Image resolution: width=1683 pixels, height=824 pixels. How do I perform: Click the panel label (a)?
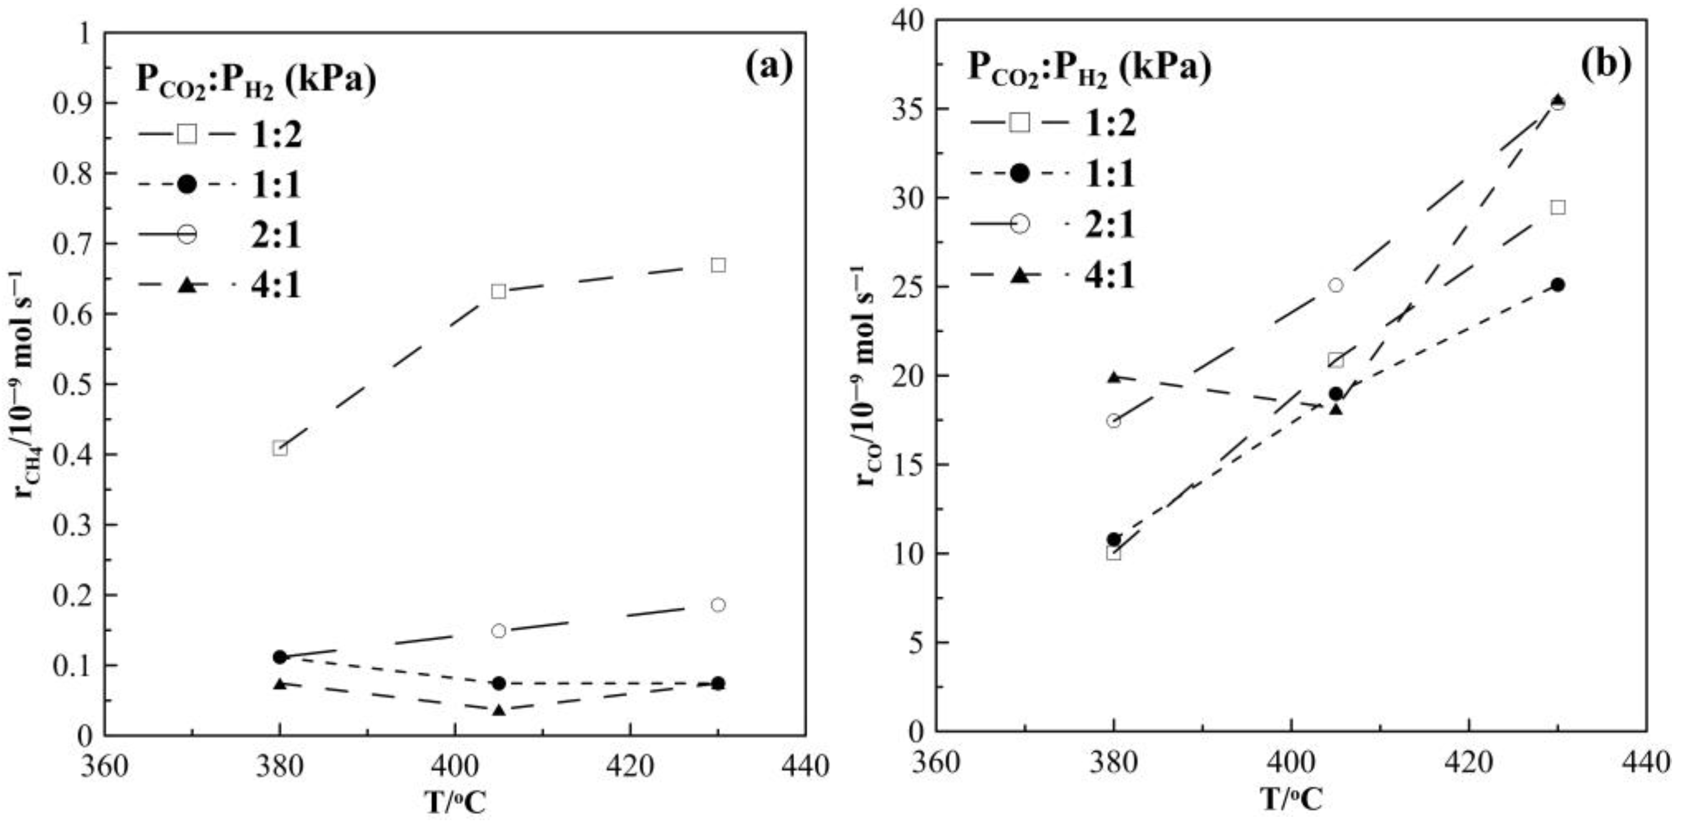coord(768,67)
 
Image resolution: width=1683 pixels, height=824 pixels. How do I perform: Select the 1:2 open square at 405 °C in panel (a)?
coord(498,292)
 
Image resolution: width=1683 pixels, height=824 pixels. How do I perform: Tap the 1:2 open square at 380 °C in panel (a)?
coord(279,448)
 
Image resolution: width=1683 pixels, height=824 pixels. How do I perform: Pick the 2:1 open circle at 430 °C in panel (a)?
coord(718,605)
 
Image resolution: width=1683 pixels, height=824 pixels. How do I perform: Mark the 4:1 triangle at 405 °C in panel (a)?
coord(498,710)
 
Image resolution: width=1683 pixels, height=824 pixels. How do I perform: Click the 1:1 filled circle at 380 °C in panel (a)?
coord(279,657)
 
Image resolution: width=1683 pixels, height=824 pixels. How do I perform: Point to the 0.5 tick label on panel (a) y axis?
coord(73,384)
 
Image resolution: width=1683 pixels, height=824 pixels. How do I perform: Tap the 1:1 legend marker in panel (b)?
coord(1020,174)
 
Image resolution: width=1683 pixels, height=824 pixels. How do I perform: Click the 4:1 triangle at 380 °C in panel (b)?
coord(1113,377)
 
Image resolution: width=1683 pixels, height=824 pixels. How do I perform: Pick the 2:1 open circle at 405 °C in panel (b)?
coord(1335,285)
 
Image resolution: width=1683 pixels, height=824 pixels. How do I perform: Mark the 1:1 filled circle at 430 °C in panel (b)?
coord(1558,285)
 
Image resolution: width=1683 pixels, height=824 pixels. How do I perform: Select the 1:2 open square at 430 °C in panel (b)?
coord(1558,208)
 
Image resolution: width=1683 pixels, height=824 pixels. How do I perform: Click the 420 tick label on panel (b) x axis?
coord(1468,762)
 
